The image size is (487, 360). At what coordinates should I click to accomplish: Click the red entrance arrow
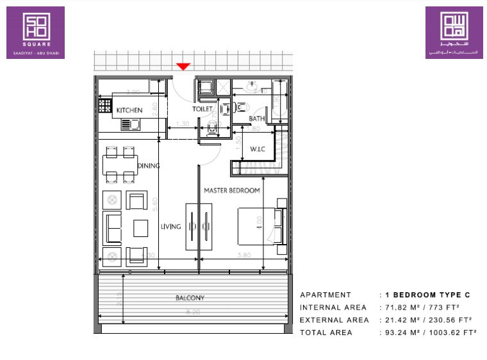click(184, 66)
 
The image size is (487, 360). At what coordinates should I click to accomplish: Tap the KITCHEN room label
click(129, 110)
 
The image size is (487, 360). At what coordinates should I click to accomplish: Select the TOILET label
click(202, 109)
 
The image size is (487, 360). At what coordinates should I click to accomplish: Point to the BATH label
click(257, 119)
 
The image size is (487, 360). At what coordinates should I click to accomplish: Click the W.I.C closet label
click(258, 150)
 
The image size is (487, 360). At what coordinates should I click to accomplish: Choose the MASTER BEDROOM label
click(231, 190)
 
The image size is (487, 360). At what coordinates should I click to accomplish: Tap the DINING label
click(148, 166)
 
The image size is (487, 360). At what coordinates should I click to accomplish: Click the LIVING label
click(171, 226)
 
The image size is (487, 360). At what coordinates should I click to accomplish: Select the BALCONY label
click(190, 298)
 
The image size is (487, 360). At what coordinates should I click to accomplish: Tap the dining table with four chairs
click(120, 165)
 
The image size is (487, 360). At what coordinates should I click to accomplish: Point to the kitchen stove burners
click(104, 104)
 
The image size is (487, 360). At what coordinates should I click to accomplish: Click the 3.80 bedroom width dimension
click(242, 254)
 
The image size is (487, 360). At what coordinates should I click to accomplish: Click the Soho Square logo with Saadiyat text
click(35, 33)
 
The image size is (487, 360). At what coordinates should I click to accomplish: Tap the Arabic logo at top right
click(454, 33)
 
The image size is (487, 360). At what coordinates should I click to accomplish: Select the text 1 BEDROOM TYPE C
click(427, 295)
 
